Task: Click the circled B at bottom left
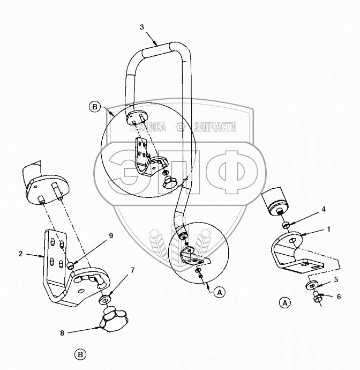pyautogui.click(x=80, y=354)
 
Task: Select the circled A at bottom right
pyautogui.click(x=286, y=303)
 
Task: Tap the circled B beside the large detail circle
pyautogui.click(x=95, y=107)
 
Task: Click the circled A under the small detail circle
pyautogui.click(x=219, y=292)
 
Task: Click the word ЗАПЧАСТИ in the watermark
pyautogui.click(x=214, y=127)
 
